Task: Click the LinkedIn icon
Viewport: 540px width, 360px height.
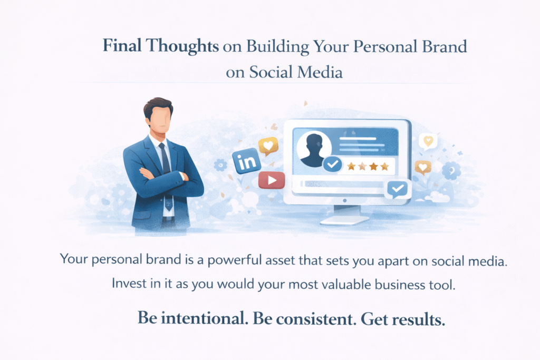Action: tap(246, 161)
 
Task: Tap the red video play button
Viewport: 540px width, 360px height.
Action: tap(272, 180)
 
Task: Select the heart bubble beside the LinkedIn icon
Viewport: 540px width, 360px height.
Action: tap(268, 147)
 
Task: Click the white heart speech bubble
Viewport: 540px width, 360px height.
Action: tap(428, 141)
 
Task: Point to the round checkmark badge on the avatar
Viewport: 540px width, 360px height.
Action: tap(332, 164)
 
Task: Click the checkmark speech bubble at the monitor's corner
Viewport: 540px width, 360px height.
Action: tap(398, 189)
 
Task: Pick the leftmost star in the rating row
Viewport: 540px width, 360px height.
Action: tap(351, 167)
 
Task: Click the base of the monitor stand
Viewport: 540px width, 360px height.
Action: tap(344, 220)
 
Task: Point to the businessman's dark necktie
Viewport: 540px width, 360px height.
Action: tap(165, 159)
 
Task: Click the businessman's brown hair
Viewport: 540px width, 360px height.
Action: tap(158, 106)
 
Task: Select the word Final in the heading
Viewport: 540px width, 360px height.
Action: tap(122, 45)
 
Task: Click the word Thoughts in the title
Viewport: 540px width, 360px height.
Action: tap(182, 46)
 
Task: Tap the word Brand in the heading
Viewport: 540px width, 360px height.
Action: tap(444, 46)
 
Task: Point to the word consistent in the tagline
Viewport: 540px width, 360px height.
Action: tap(316, 319)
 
